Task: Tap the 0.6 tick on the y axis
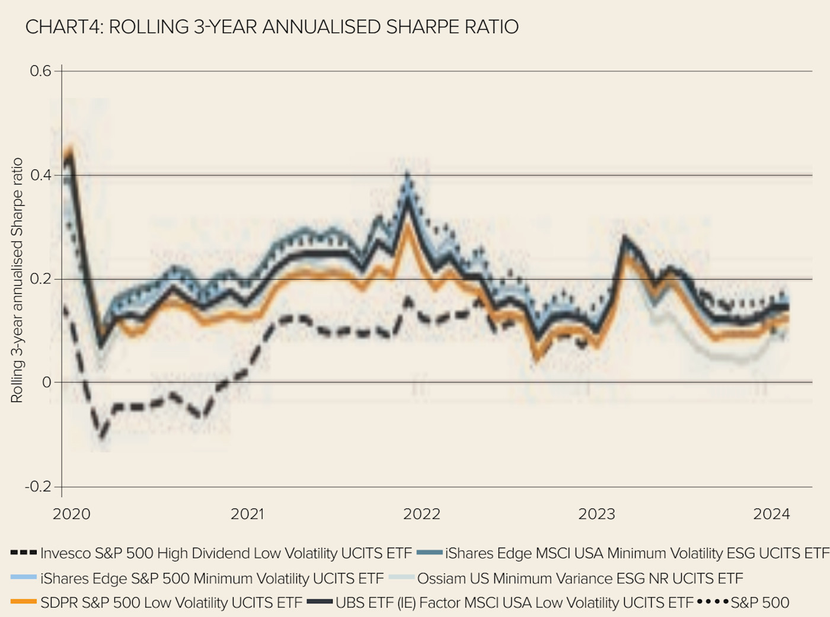click(x=41, y=71)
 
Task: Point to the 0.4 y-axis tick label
click(x=41, y=175)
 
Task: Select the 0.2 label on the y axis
click(x=41, y=279)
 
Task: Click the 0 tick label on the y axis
click(x=47, y=382)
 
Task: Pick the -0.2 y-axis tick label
click(x=39, y=487)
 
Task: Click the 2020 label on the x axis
click(x=72, y=514)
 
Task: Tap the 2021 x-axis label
click(x=247, y=514)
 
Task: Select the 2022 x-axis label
click(x=422, y=514)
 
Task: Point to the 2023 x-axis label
click(x=596, y=514)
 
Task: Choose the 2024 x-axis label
click(x=771, y=514)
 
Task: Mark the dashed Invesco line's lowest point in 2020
click(x=103, y=437)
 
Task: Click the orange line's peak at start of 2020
click(x=70, y=149)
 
